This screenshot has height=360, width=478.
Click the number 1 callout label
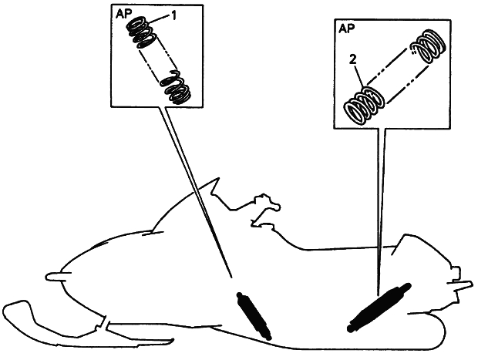[173, 15]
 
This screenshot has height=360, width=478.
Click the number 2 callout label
[352, 60]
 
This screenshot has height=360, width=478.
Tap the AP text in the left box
[123, 15]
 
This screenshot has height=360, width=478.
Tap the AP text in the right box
[347, 29]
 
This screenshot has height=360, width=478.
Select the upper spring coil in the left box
[142, 32]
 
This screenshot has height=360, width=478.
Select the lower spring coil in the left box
[176, 87]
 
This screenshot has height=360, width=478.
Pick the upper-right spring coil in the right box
[428, 46]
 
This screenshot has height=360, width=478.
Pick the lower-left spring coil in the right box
[364, 106]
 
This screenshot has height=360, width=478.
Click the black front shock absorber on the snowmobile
[254, 316]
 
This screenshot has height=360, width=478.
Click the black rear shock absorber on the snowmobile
[379, 308]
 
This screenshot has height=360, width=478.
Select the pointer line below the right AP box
[381, 212]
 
